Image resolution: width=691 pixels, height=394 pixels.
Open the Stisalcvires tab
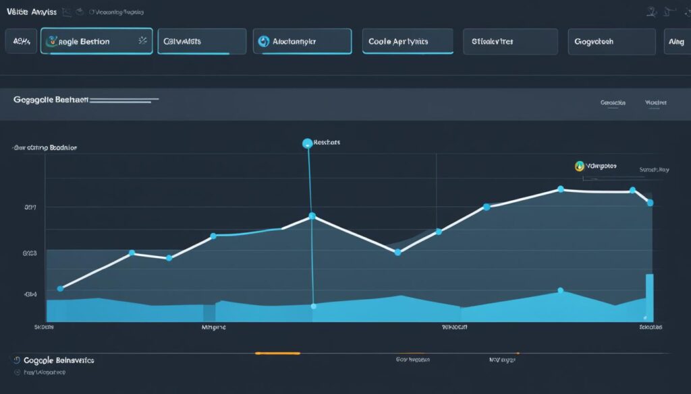click(510, 41)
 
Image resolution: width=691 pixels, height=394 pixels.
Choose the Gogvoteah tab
click(611, 41)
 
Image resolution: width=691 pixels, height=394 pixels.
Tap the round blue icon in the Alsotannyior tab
click(264, 42)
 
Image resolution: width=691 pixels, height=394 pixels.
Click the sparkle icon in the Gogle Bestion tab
click(142, 41)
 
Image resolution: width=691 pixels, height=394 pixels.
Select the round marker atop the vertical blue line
click(308, 143)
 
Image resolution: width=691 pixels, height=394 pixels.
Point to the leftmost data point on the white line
click(60, 288)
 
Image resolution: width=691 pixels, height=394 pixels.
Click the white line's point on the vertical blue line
click(312, 216)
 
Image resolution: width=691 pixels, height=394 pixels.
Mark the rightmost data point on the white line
click(650, 202)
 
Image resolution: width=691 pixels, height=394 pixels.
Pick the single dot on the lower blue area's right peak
click(560, 291)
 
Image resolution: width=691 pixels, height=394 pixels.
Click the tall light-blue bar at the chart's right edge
click(649, 296)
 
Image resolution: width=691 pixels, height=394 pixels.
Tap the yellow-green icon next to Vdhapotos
click(579, 165)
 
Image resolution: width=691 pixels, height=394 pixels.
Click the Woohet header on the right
click(655, 103)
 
